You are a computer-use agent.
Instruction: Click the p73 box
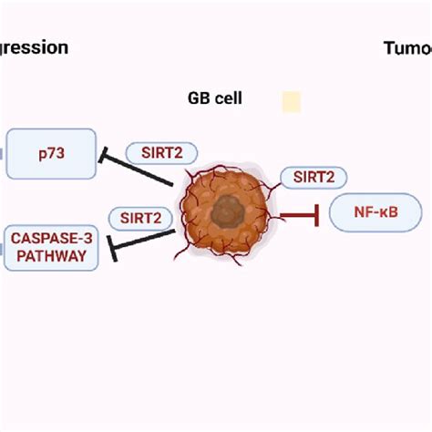click(x=51, y=154)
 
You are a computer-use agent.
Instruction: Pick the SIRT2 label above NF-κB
click(x=314, y=178)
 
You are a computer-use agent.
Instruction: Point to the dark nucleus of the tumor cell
click(x=224, y=214)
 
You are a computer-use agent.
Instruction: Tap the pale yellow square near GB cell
click(x=291, y=101)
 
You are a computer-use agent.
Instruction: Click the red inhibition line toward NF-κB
click(x=295, y=216)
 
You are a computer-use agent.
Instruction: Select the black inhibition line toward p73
click(x=141, y=172)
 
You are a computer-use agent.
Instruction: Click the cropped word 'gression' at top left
click(x=35, y=47)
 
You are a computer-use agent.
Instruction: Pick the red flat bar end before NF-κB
click(x=316, y=216)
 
